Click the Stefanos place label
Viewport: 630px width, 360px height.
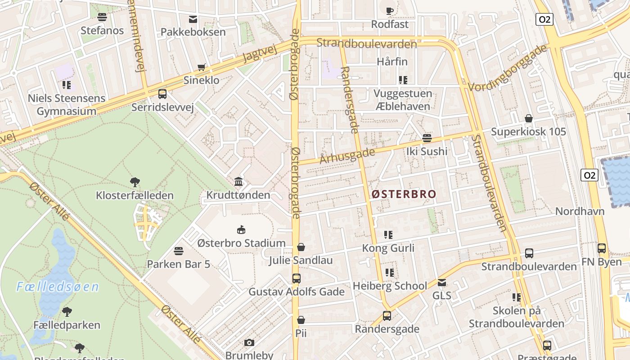[x=102, y=31]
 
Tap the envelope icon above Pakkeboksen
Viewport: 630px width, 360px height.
[x=193, y=19]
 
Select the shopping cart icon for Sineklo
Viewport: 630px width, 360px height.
[x=202, y=67]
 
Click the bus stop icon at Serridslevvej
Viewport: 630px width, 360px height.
[x=162, y=94]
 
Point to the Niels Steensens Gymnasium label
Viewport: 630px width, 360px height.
[x=67, y=104]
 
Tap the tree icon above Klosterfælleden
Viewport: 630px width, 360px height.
[x=135, y=182]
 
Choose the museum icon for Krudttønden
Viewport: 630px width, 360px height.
[x=238, y=182]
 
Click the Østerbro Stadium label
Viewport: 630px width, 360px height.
[x=241, y=243]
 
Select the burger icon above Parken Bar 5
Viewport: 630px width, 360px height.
[x=179, y=251]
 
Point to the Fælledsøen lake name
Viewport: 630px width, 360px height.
[x=57, y=287]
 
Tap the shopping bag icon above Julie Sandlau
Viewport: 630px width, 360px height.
[x=301, y=247]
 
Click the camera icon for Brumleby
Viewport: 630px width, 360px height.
[x=249, y=343]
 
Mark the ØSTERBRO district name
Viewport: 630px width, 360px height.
[x=404, y=194]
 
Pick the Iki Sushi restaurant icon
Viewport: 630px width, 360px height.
[x=427, y=138]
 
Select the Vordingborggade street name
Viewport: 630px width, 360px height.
[x=508, y=68]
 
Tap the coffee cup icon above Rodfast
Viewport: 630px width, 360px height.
[x=390, y=11]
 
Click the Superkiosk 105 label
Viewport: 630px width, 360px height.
[x=528, y=132]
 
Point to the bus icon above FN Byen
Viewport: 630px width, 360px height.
[x=601, y=248]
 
